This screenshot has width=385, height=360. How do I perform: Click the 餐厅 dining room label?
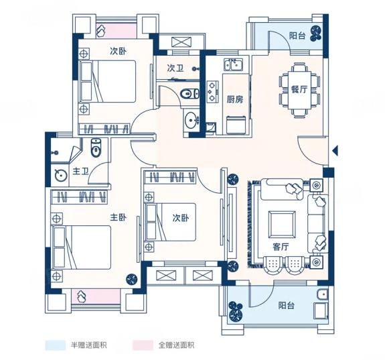click(x=299, y=89)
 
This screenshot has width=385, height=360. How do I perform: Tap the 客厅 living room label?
click(x=281, y=247)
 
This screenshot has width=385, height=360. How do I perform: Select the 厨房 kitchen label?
click(x=235, y=99)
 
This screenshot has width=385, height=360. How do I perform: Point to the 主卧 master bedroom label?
click(x=118, y=217)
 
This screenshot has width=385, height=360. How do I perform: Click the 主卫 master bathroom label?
click(x=80, y=171)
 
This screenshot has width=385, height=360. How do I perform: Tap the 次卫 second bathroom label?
click(x=175, y=68)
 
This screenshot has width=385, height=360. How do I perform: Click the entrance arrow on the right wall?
click(x=335, y=150)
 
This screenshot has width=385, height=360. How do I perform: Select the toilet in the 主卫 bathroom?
click(x=96, y=147)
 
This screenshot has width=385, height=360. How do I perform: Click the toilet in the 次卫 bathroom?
click(x=189, y=94)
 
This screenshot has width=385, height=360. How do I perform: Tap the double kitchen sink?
click(x=233, y=65)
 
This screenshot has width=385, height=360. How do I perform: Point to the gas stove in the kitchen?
click(x=212, y=92)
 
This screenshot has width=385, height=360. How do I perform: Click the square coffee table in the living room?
click(x=282, y=224)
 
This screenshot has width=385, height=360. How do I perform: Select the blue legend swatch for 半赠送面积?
click(x=56, y=345)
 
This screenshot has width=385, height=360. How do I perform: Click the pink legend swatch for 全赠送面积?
click(x=143, y=345)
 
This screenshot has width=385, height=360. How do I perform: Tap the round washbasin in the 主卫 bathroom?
click(x=61, y=176)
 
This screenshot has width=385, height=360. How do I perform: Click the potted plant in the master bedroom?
click(x=132, y=279)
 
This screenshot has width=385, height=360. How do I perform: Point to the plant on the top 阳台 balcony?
click(x=316, y=34)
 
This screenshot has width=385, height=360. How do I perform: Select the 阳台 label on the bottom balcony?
click(x=287, y=306)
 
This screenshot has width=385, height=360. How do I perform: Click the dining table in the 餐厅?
click(x=299, y=90)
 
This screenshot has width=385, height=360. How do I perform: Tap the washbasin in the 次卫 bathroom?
click(x=191, y=121)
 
